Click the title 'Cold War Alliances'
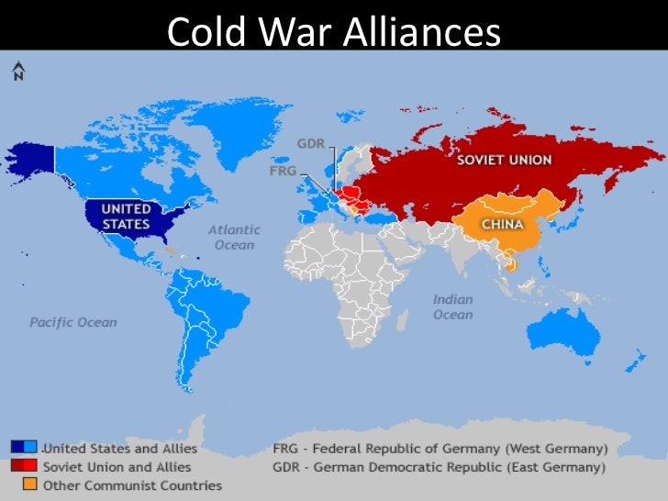click(x=334, y=34)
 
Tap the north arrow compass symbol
click(x=18, y=71)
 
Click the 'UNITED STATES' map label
click(x=126, y=217)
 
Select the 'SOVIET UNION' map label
click(x=505, y=160)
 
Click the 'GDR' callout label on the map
click(x=309, y=144)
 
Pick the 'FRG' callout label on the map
click(x=282, y=172)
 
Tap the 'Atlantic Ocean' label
click(x=234, y=238)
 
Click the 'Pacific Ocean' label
click(x=72, y=322)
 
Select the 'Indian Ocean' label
click(x=452, y=307)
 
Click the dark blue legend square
click(x=17, y=447)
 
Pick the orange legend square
click(x=30, y=484)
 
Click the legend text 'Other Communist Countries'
click(x=132, y=484)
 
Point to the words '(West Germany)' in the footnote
click(x=561, y=449)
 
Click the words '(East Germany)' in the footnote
click(x=561, y=467)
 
